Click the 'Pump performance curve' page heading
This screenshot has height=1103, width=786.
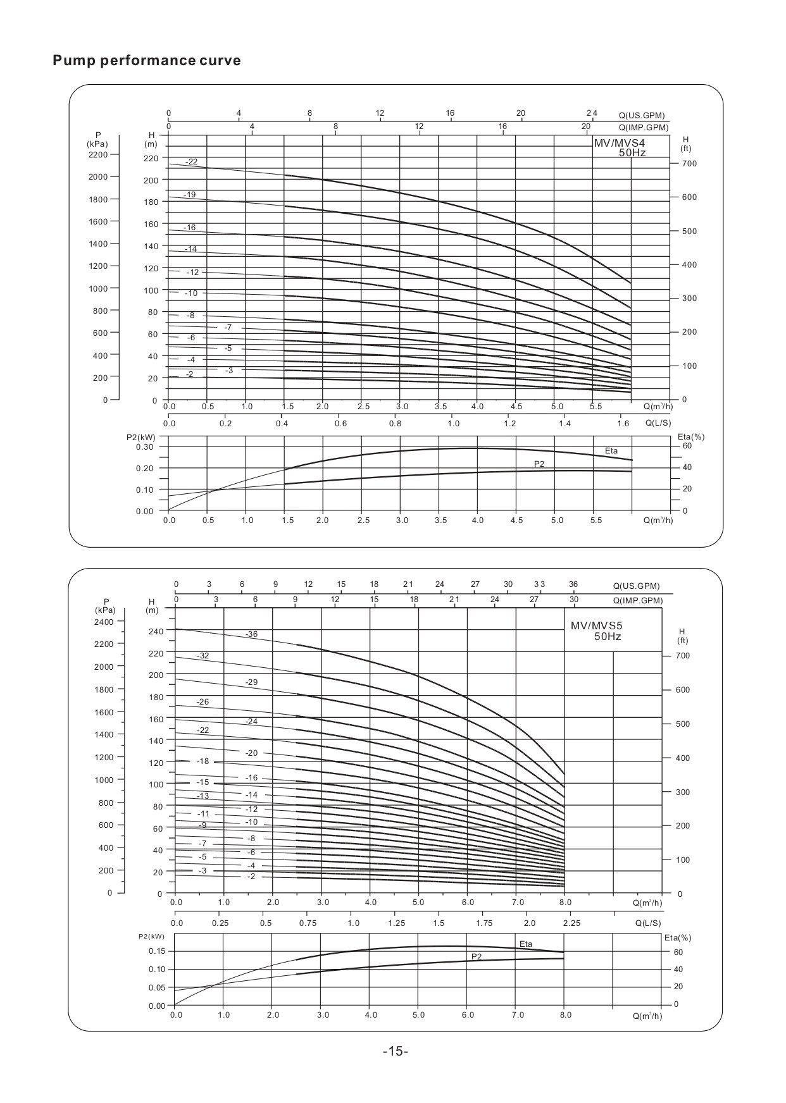pyautogui.click(x=147, y=61)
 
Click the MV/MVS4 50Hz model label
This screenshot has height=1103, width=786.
pyautogui.click(x=620, y=148)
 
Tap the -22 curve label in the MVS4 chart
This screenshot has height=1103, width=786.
pyautogui.click(x=191, y=162)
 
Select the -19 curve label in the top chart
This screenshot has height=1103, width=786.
pyautogui.click(x=189, y=195)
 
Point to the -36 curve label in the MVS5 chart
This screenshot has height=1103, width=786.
pyautogui.click(x=251, y=634)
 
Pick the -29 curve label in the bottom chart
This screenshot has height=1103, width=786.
pyautogui.click(x=251, y=682)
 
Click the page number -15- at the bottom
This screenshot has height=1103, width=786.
pyautogui.click(x=396, y=1051)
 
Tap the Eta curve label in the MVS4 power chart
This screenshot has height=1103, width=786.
pyautogui.click(x=611, y=451)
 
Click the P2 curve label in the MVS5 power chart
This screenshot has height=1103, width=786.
pyautogui.click(x=476, y=957)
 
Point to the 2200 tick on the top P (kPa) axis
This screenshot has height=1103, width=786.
pyautogui.click(x=98, y=154)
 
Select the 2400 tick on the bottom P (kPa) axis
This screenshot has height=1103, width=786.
pyautogui.click(x=104, y=622)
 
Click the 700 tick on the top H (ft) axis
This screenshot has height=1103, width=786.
pyautogui.click(x=689, y=164)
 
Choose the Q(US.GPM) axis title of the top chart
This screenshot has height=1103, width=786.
pyautogui.click(x=642, y=116)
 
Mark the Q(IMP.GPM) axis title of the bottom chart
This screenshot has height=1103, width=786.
pyautogui.click(x=637, y=601)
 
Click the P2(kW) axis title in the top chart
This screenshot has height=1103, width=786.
pyautogui.click(x=140, y=437)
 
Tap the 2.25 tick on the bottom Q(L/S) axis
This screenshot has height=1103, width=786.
pyautogui.click(x=571, y=923)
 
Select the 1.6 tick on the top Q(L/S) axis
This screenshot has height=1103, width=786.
pyautogui.click(x=623, y=424)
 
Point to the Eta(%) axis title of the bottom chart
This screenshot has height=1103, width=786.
pyautogui.click(x=678, y=938)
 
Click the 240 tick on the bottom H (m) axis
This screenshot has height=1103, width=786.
pyautogui.click(x=156, y=631)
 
